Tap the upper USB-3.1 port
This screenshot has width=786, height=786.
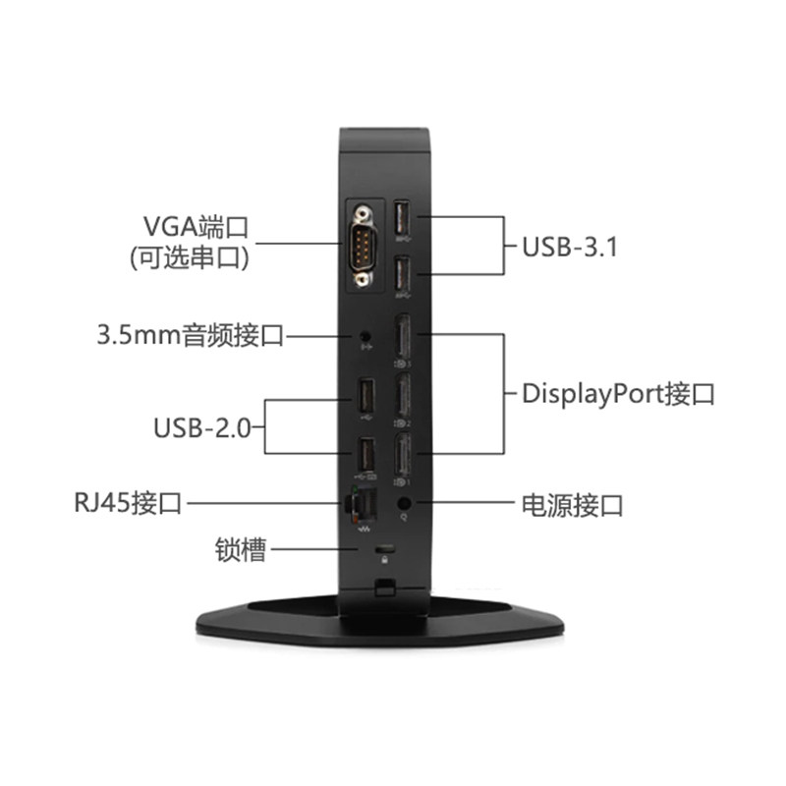coord(402,220)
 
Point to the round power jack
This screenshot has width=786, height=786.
coord(403,506)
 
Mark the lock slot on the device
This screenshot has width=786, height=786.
coord(383,547)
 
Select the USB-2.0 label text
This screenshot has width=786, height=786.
coord(202,426)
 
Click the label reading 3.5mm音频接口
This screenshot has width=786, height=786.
coord(190,335)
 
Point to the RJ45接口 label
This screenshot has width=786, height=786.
coord(128,505)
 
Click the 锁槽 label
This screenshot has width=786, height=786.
coord(241,549)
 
